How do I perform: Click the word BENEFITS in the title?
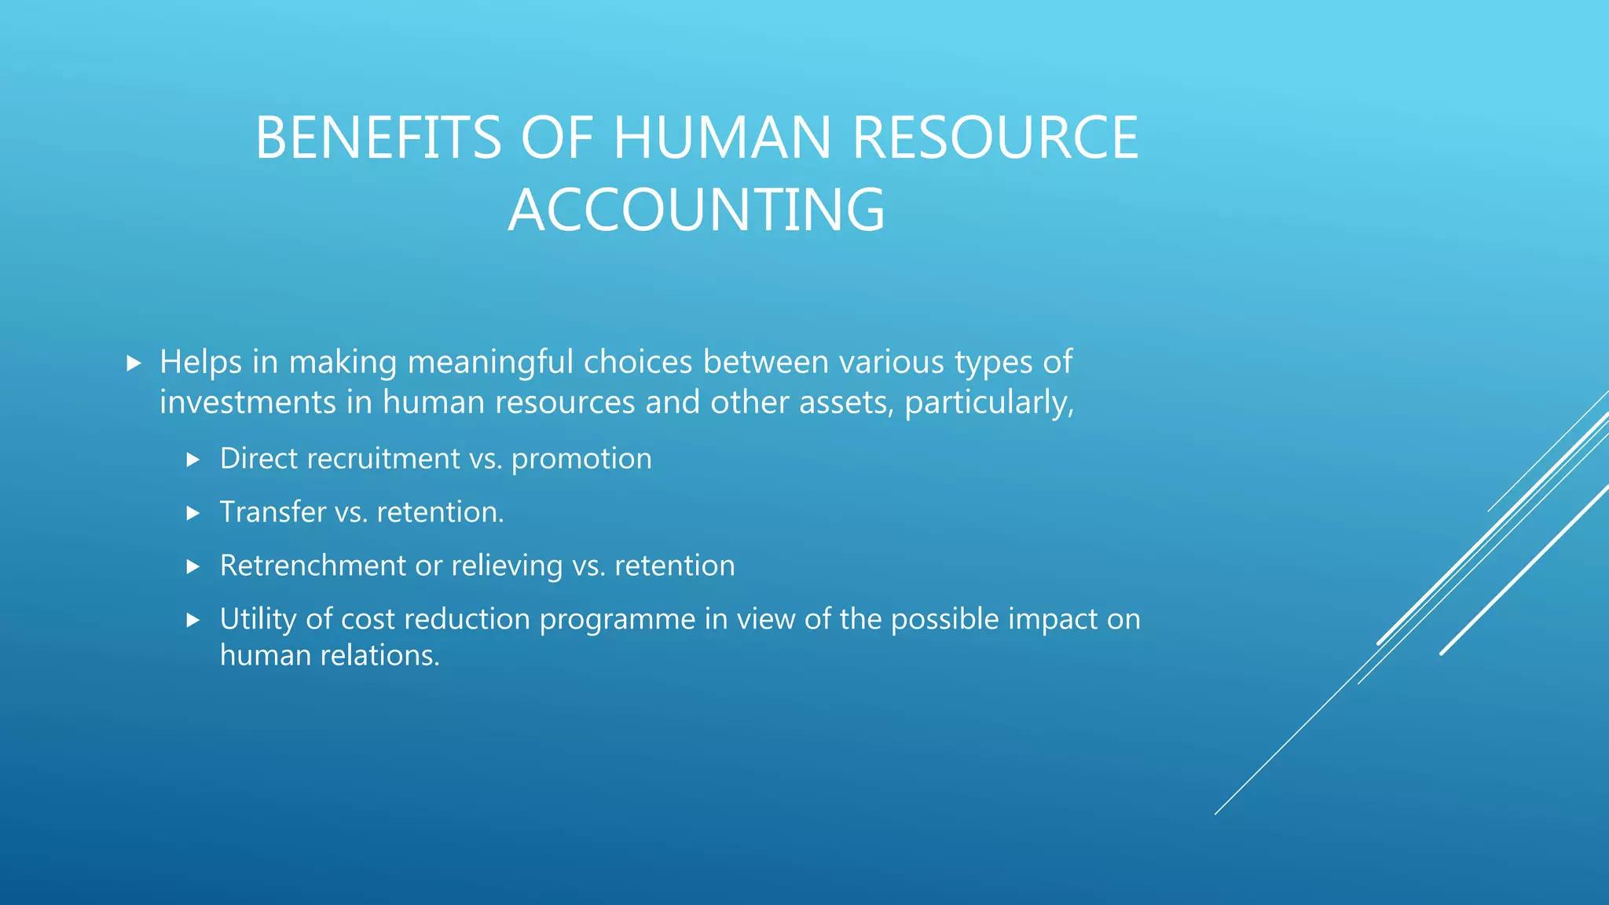pyautogui.click(x=378, y=137)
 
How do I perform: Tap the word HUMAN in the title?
pyautogui.click(x=721, y=137)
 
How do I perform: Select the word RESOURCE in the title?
pyautogui.click(x=995, y=137)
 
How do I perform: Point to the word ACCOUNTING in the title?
pyautogui.click(x=697, y=210)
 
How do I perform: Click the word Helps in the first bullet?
pyautogui.click(x=200, y=362)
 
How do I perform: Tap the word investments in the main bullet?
pyautogui.click(x=247, y=402)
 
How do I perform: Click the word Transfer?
pyautogui.click(x=273, y=512)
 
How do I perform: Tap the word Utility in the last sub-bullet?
pyautogui.click(x=258, y=620)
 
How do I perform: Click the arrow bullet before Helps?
pyautogui.click(x=134, y=363)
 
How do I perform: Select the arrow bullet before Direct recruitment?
pyautogui.click(x=193, y=460)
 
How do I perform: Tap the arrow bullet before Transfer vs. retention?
pyautogui.click(x=193, y=513)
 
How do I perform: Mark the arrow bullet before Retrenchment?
pyautogui.click(x=193, y=566)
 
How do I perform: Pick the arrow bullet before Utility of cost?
pyautogui.click(x=193, y=620)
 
